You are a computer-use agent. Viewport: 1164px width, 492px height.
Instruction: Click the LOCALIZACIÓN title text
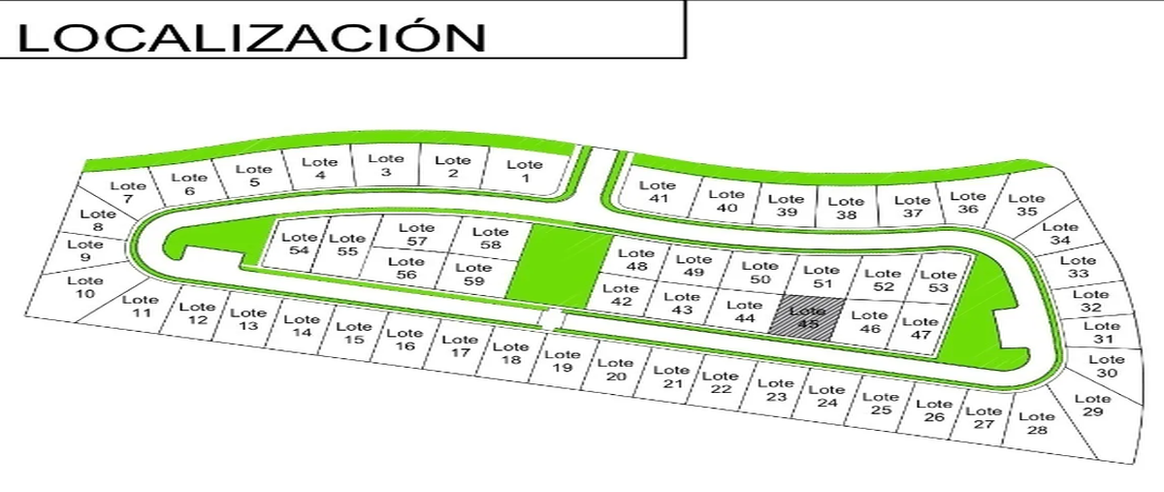[250, 36]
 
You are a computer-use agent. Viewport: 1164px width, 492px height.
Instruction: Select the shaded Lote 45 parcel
[807, 317]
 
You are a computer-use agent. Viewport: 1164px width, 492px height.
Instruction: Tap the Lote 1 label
[525, 171]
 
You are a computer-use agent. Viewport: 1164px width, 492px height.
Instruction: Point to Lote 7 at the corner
[127, 192]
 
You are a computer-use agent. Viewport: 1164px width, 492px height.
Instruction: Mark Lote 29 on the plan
[1092, 406]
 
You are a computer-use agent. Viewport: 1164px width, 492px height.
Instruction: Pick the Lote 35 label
[1026, 205]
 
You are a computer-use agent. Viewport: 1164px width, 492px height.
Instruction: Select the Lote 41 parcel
[659, 192]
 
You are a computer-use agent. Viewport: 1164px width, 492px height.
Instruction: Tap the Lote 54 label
[301, 243]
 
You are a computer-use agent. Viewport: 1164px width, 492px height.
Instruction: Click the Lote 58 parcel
[490, 238]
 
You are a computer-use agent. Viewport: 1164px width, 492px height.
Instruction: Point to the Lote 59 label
[472, 275]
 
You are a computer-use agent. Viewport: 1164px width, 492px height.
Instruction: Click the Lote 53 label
[937, 281]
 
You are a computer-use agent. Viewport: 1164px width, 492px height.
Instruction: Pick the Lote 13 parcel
[248, 319]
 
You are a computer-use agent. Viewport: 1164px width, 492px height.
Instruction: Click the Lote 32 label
[1090, 301]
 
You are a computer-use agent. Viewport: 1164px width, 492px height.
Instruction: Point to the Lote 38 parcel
[847, 209]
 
